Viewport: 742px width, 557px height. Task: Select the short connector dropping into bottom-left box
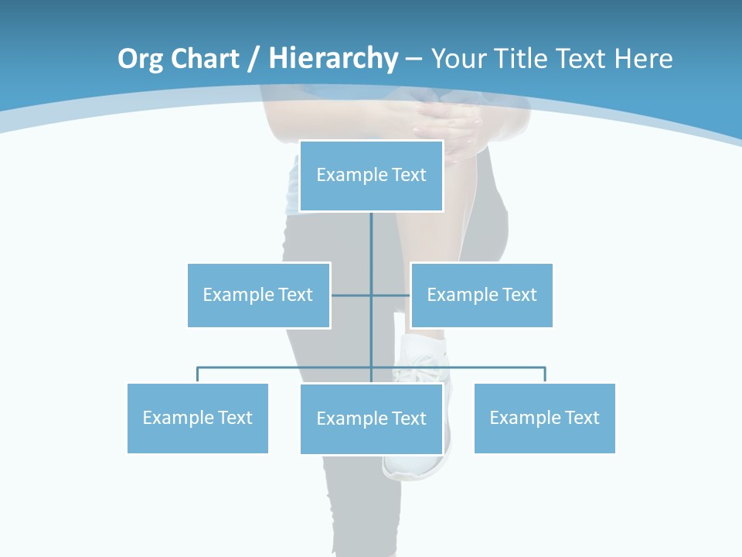[198, 374]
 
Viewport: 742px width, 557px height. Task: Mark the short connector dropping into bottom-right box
[545, 374]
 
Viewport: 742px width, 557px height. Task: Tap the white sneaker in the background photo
[418, 465]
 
